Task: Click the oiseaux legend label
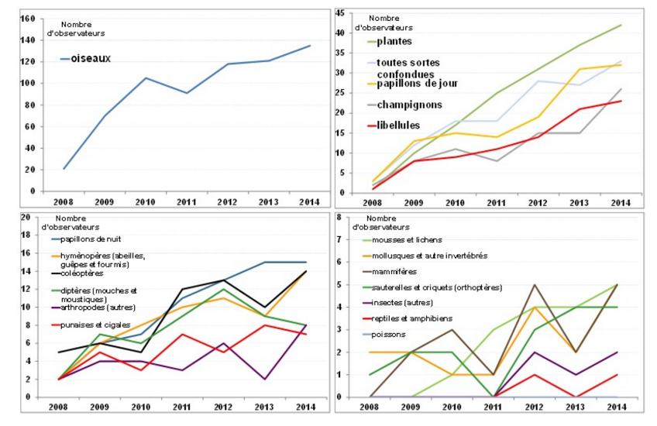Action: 91,59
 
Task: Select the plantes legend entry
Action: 394,41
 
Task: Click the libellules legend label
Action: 398,125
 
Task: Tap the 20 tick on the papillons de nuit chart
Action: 24,217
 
